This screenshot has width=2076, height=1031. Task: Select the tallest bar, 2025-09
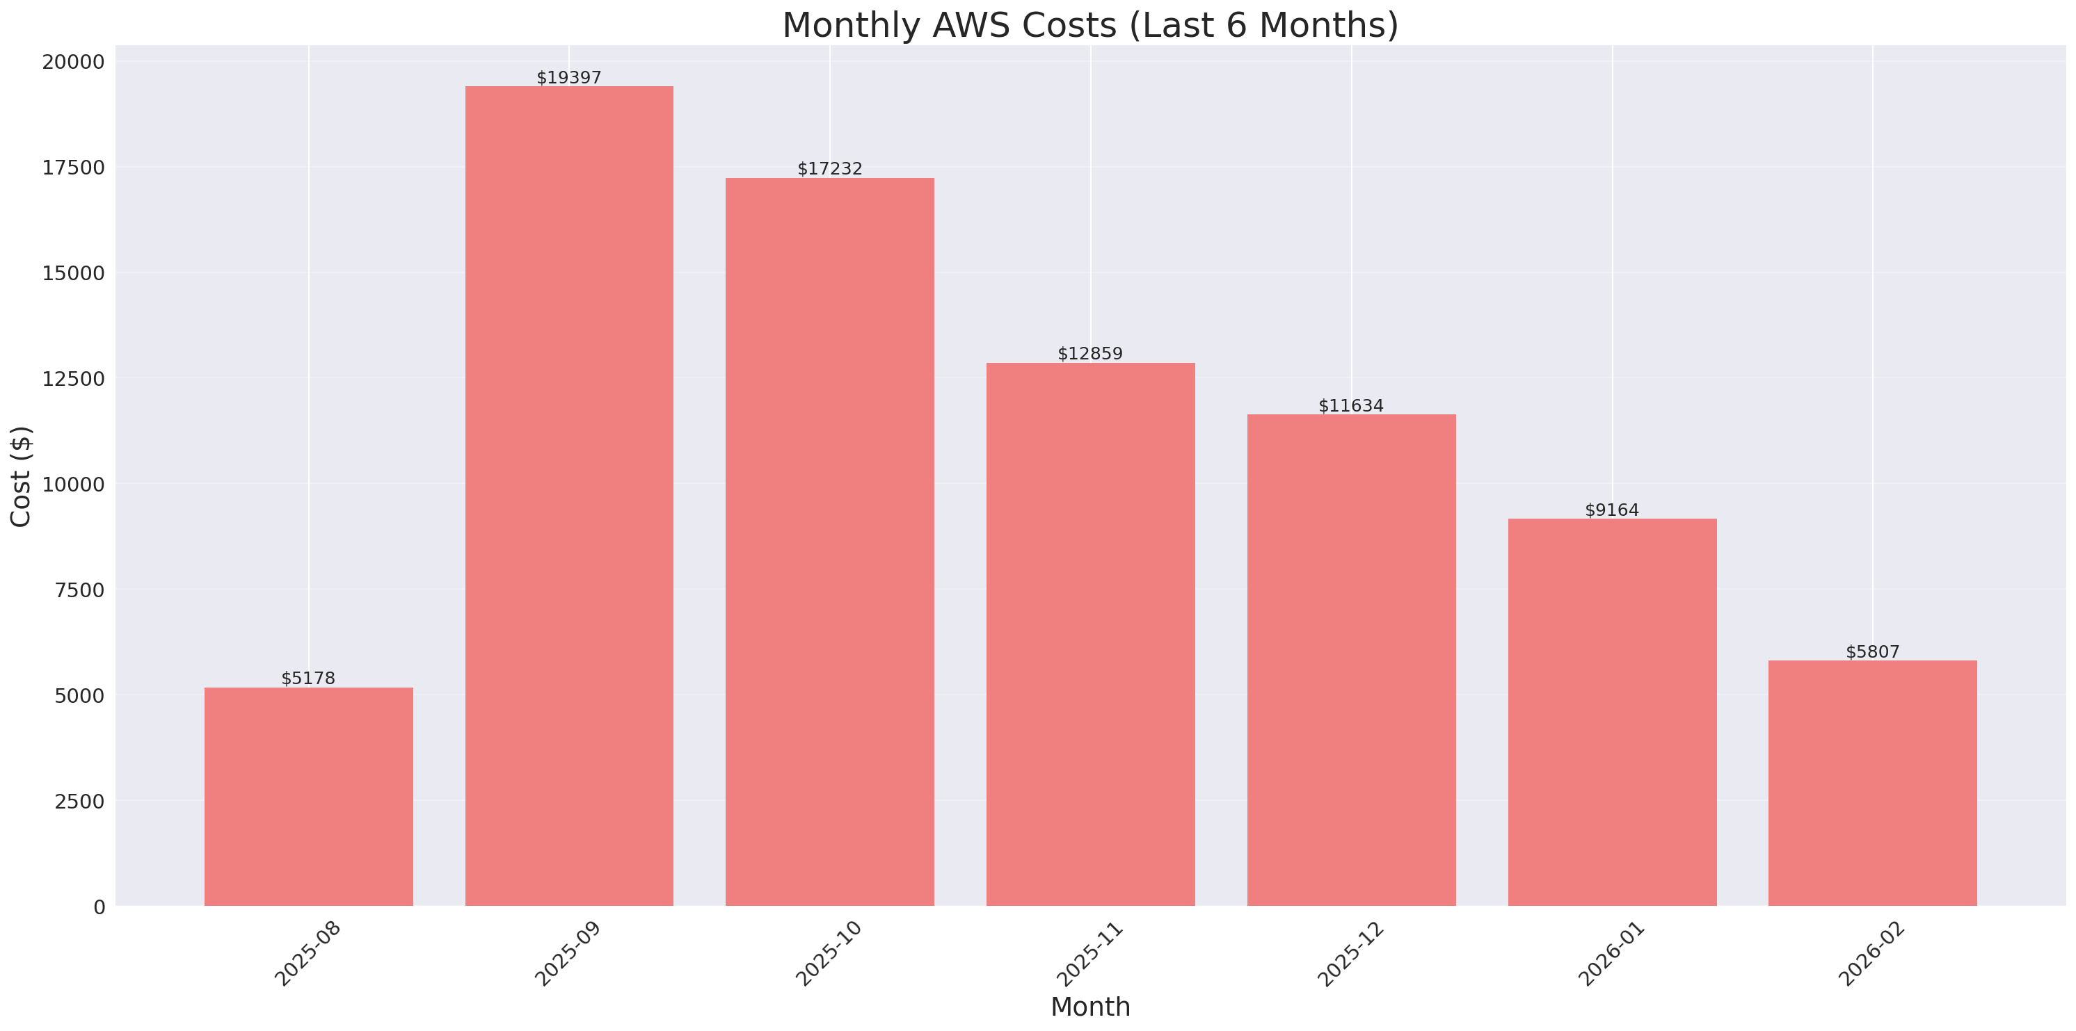point(569,496)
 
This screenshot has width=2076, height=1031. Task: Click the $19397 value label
point(569,77)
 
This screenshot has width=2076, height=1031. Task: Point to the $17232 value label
point(829,168)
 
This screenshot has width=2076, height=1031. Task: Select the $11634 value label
point(1350,405)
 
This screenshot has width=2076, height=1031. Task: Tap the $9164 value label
point(1612,510)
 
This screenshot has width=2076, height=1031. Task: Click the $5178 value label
point(309,679)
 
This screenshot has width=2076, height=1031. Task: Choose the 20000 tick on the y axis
point(73,62)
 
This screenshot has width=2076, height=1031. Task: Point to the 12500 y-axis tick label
point(73,379)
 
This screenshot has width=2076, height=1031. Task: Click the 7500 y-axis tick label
point(80,590)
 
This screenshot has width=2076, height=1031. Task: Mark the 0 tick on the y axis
point(99,907)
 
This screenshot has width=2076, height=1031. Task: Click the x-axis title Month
point(1090,1007)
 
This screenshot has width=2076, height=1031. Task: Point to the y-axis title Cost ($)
point(21,476)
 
